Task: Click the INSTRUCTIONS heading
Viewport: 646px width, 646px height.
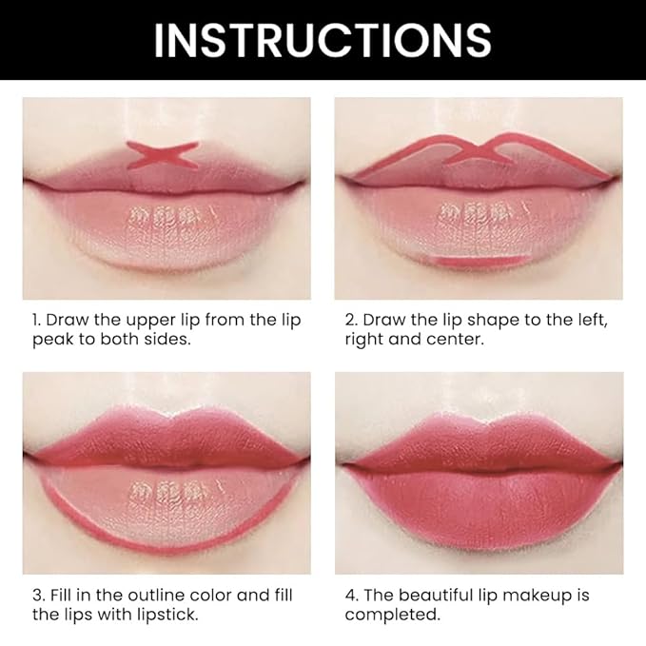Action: click(x=323, y=40)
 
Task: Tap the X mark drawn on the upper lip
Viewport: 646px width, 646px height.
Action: click(x=164, y=155)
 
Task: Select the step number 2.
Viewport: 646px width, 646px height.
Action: click(x=349, y=320)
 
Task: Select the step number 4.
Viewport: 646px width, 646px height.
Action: click(x=349, y=596)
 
